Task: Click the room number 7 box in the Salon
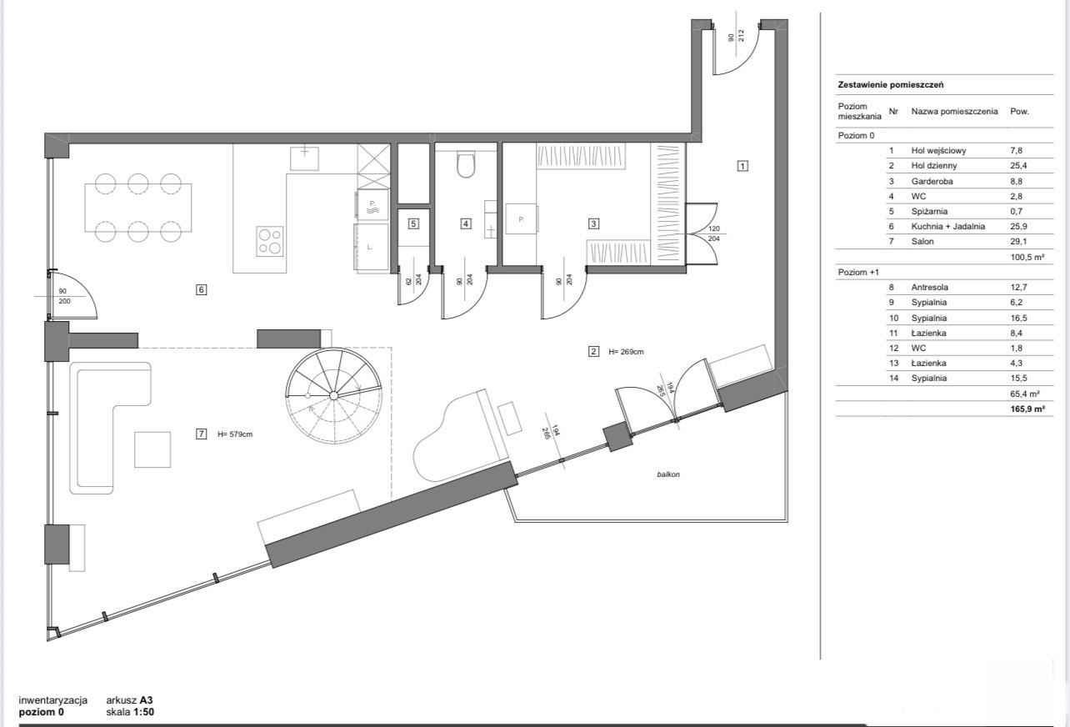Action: (x=202, y=434)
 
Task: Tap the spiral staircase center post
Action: (x=333, y=395)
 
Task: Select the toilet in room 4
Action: (x=466, y=164)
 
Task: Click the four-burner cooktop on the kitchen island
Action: (x=269, y=242)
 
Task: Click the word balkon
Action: (x=668, y=474)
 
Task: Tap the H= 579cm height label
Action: (x=235, y=434)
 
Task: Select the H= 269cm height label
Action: (x=626, y=352)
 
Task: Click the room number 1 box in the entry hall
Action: (x=742, y=166)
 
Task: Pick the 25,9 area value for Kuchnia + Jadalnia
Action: (x=1018, y=227)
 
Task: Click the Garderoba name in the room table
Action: (x=932, y=181)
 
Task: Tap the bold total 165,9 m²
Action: (x=1027, y=409)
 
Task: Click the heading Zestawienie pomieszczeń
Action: (x=891, y=85)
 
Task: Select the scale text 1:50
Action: (x=143, y=712)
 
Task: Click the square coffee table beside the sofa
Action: (x=152, y=449)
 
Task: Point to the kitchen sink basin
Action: (x=304, y=158)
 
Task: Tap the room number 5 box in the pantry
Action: (x=413, y=223)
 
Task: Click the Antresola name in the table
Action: (x=929, y=288)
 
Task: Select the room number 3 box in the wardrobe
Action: (x=594, y=223)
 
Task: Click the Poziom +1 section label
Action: (x=858, y=272)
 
